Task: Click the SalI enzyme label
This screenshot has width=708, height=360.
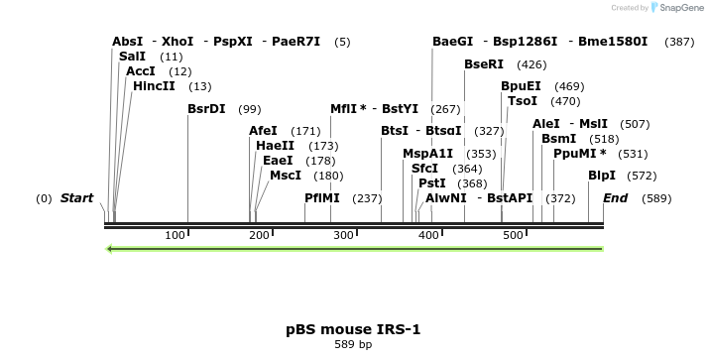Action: (132, 57)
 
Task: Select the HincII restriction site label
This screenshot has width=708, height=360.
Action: (154, 86)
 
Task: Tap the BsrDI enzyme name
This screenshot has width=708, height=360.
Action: (206, 109)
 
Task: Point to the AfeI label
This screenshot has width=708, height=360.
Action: (263, 131)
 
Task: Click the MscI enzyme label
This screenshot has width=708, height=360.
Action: (286, 176)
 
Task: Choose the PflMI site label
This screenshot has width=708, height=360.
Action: (322, 197)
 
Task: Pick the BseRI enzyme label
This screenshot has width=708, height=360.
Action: (484, 64)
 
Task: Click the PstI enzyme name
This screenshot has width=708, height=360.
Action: (432, 182)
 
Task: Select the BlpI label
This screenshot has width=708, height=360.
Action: (602, 176)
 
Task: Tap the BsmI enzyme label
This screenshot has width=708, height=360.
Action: (559, 139)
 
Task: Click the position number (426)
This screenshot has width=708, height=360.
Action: (531, 64)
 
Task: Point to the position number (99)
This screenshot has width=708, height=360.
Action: (250, 109)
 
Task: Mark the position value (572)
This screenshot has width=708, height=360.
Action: (642, 176)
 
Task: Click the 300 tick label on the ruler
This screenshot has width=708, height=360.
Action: (344, 235)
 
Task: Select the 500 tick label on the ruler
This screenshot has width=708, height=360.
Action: (513, 235)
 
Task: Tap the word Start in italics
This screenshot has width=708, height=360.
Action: (76, 197)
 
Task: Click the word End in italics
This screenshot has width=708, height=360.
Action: (616, 197)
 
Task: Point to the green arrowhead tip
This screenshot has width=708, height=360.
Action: (105, 249)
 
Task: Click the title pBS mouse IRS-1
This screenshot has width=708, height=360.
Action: (353, 329)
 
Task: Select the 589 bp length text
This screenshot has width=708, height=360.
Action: (353, 345)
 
